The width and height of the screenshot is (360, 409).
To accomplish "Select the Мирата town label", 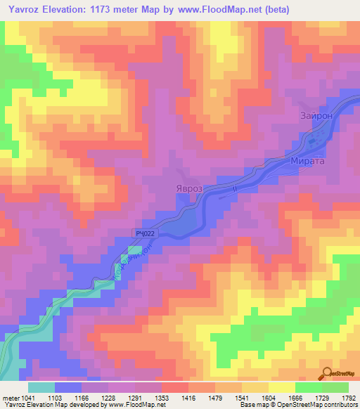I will point(307,161).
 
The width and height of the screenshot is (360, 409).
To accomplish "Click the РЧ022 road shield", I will point(143,233).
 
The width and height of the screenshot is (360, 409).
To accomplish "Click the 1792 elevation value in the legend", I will point(349,398).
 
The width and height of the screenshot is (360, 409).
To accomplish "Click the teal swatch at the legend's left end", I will point(41,387).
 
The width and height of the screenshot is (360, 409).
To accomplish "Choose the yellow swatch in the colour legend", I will point(282,387).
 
